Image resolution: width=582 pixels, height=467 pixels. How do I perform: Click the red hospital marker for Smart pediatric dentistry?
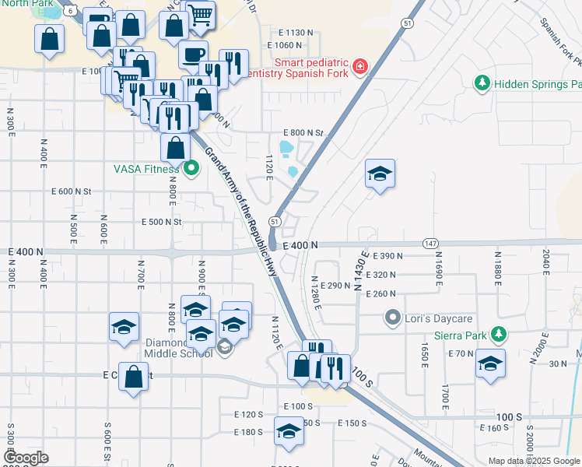coord(359,66)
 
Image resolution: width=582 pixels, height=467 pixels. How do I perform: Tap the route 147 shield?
coord(429,244)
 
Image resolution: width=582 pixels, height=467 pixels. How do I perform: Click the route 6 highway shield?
coord(71,11)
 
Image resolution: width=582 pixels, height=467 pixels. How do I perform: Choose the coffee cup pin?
coord(193,54)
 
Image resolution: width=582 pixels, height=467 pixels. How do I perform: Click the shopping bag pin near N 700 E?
coord(134,376)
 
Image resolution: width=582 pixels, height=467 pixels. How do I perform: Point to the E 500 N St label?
coord(161,222)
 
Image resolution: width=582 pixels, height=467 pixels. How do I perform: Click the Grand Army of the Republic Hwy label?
coord(242,210)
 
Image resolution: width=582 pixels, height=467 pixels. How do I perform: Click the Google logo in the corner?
coord(26,458)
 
